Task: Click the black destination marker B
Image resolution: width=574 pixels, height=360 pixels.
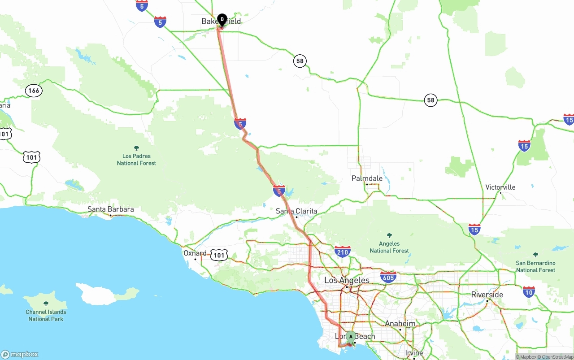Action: pos(222,20)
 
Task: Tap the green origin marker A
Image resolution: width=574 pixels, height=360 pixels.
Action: pos(351,337)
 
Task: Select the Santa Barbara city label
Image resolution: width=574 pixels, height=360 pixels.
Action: pos(110,209)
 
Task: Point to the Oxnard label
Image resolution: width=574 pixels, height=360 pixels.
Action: pos(195,253)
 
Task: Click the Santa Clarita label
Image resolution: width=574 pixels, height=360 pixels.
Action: pos(296,211)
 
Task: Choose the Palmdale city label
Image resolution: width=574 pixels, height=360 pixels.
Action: pos(367,178)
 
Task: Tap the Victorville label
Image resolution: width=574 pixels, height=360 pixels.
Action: pos(500,187)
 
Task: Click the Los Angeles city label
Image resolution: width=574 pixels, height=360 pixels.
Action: pos(347,281)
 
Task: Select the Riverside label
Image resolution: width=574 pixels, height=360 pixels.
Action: pos(487,295)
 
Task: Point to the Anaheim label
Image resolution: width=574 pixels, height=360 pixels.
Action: pos(400,324)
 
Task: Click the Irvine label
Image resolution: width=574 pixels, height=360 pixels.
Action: pos(414,353)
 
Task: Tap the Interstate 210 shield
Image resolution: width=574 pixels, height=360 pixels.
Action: pos(342,251)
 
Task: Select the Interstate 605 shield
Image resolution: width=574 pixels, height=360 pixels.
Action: pos(388,277)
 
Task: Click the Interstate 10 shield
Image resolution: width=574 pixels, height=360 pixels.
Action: pos(529,292)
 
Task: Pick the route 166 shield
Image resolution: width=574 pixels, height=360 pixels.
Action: pos(34,91)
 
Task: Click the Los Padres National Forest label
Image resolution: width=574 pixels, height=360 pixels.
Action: pos(136,160)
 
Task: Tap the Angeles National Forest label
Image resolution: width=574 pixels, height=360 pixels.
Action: pos(389,247)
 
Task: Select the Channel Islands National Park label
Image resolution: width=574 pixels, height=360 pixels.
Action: pos(46,315)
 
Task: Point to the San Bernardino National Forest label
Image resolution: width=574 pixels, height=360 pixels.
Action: pos(535,266)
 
